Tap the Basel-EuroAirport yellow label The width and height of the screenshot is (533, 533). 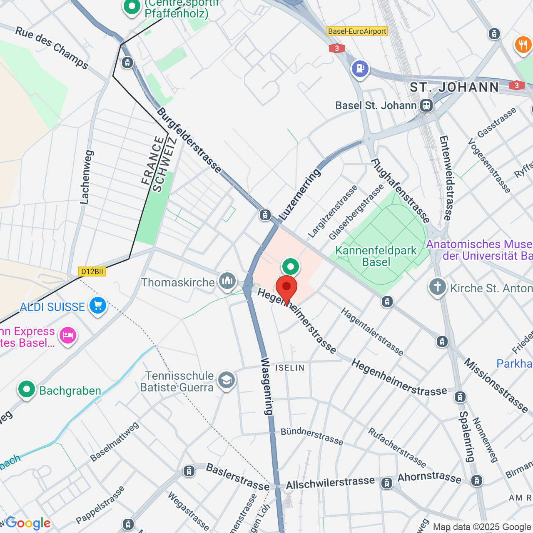[x=357, y=31]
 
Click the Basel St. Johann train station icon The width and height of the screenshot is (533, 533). [x=426, y=105]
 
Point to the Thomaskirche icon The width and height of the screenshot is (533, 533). [x=227, y=281]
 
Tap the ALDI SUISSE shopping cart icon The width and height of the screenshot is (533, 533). [x=98, y=306]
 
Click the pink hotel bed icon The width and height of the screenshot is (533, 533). [x=68, y=335]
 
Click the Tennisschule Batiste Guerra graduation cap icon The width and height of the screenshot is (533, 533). [x=227, y=380]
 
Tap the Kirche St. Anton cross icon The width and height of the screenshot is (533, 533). [x=437, y=287]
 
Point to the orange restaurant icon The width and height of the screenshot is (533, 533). [x=523, y=45]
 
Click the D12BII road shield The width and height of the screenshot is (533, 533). [x=92, y=271]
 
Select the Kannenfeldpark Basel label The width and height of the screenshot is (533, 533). [x=376, y=256]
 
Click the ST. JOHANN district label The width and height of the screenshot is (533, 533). [x=454, y=87]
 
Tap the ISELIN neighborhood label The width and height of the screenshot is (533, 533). [x=290, y=368]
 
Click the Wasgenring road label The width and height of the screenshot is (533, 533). [x=267, y=386]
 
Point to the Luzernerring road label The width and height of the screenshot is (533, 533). [x=300, y=194]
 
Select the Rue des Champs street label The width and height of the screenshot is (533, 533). [x=52, y=48]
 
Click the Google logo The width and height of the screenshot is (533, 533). [x=28, y=523]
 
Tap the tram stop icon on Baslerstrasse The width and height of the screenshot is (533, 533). [x=189, y=471]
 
